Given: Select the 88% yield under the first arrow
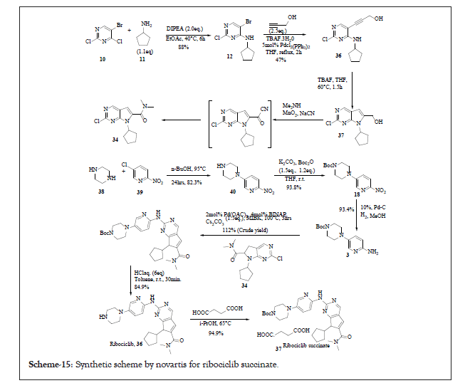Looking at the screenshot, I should (183, 47).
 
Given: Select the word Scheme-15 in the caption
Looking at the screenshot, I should (49, 365).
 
